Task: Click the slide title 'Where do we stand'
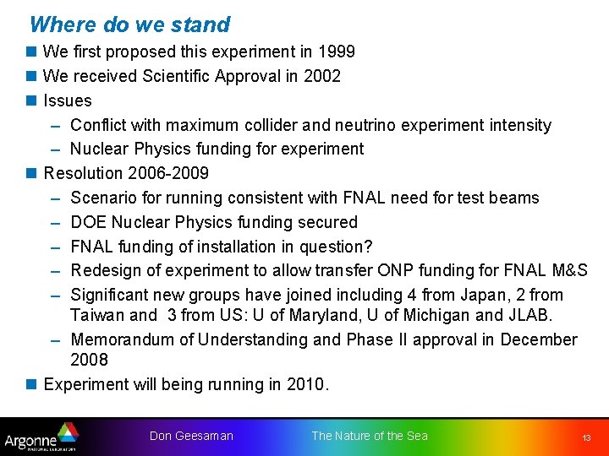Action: click(x=129, y=24)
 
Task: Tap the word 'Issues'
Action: click(x=68, y=101)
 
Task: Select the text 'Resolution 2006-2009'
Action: click(x=126, y=174)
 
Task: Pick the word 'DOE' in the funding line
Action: click(x=89, y=223)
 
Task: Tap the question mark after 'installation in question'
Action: click(x=368, y=247)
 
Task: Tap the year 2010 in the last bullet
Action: click(x=305, y=385)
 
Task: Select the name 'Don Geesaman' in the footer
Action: click(x=191, y=437)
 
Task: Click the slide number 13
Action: click(x=585, y=438)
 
